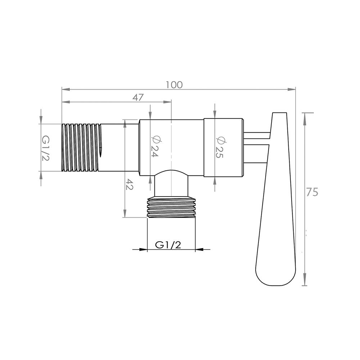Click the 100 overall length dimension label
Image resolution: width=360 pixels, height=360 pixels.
175,85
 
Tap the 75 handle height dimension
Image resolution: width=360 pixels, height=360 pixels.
312,192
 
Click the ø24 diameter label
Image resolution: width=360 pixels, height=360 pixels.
154,146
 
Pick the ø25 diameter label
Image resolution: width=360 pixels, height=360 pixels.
220,147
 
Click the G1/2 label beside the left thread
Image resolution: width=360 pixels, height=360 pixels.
45,148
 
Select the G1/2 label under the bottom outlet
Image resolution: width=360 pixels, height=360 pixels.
168,245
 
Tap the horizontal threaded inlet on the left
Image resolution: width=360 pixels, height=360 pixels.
81,148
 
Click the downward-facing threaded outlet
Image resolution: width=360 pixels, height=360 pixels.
171,208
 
